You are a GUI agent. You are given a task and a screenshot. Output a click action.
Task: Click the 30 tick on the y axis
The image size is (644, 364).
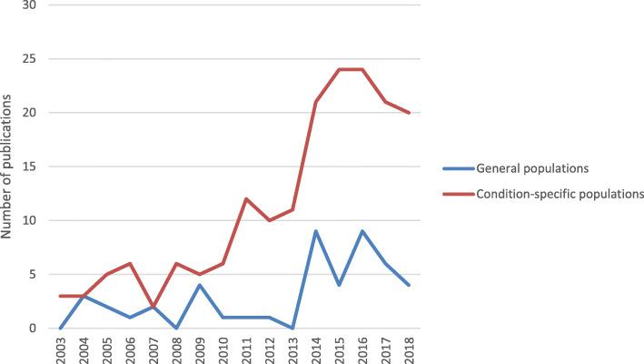click(30, 5)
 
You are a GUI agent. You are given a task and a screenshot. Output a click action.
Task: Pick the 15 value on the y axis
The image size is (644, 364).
click(30, 167)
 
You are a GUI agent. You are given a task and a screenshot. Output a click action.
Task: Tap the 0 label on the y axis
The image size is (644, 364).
click(34, 328)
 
